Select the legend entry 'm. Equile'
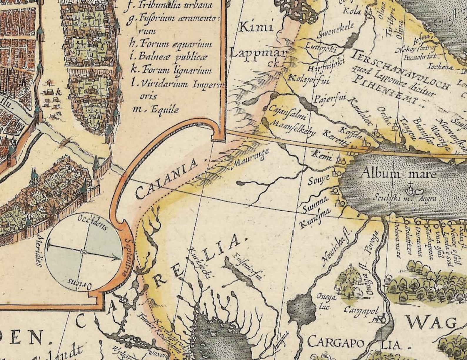[x=156, y=110]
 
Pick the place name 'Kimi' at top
[x=257, y=27]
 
